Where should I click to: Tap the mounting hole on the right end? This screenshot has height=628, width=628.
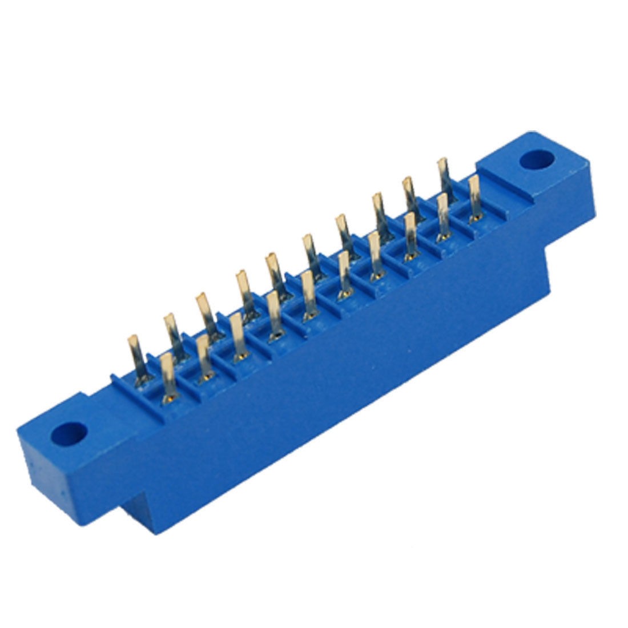(536, 159)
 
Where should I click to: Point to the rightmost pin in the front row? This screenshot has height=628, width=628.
(474, 198)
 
